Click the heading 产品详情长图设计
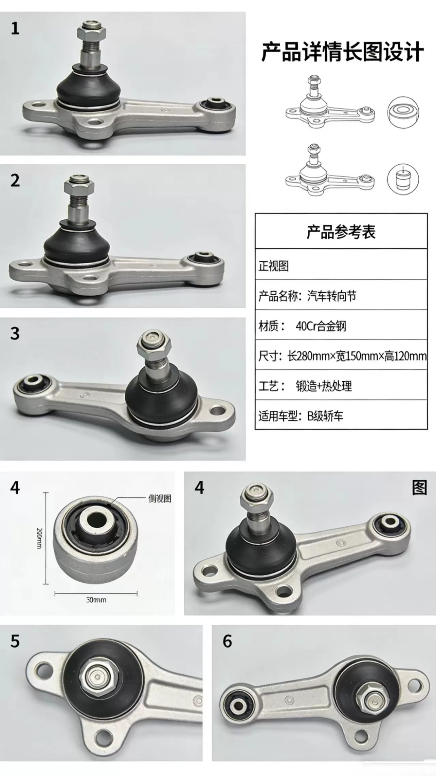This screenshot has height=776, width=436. (342, 52)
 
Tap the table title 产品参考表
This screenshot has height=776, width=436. (341, 232)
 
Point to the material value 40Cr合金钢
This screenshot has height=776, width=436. (321, 326)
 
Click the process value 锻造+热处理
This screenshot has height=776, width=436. (324, 386)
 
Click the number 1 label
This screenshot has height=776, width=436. (15, 28)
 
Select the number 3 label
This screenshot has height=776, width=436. (15, 334)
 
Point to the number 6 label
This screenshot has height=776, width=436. (227, 641)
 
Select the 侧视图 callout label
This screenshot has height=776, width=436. (160, 499)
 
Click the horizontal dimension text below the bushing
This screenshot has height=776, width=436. (96, 600)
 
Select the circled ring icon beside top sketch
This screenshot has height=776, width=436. (403, 113)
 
